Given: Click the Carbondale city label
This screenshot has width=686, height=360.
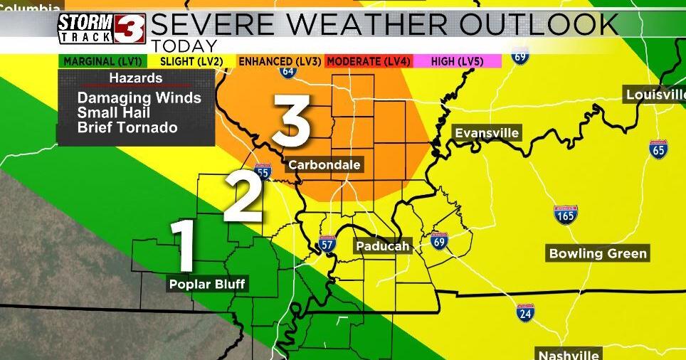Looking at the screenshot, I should pos(324,165).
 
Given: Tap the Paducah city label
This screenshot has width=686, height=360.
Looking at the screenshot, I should pos(383,246).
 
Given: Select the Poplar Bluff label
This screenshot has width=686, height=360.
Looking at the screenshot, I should pos(207,285).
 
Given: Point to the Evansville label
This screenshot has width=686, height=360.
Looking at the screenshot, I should pos(487,133).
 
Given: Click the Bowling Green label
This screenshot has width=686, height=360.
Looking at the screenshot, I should pos(598,253).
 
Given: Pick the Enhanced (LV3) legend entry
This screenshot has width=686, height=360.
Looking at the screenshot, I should pos(280,62).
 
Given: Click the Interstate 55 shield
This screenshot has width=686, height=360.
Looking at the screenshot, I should pos(263,171).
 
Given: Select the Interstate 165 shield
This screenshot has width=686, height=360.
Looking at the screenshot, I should pos(566,214).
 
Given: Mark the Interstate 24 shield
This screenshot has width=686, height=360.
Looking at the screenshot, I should pos(526,311).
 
